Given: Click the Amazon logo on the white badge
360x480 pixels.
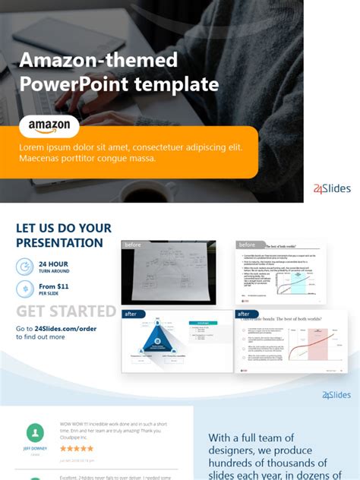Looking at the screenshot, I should [49, 125].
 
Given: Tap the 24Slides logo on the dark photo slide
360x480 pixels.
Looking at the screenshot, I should [332, 188].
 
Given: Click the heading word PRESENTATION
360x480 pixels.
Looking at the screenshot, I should [59, 243].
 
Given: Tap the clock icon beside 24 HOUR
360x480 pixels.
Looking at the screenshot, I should [24, 267].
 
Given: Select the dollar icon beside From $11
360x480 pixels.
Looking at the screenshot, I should [24, 289].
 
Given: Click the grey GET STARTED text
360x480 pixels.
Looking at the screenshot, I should [66, 311].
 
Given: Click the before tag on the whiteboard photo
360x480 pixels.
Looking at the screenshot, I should [133, 245].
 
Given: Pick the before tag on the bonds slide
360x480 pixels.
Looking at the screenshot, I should [247, 245].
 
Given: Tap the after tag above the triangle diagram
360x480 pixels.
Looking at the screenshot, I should [131, 313].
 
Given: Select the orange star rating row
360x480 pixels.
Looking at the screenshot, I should [77, 449].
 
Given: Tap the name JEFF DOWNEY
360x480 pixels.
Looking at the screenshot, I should [35, 449].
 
